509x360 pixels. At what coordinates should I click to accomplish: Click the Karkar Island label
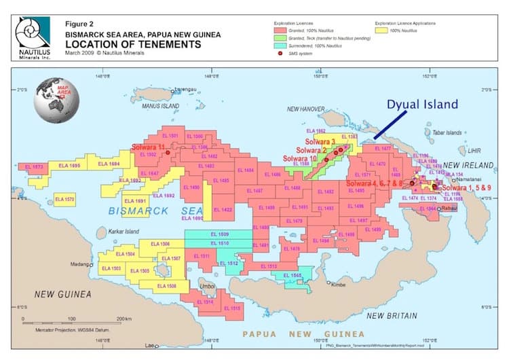(123, 232)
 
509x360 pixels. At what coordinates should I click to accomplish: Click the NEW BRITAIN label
(391, 316)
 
